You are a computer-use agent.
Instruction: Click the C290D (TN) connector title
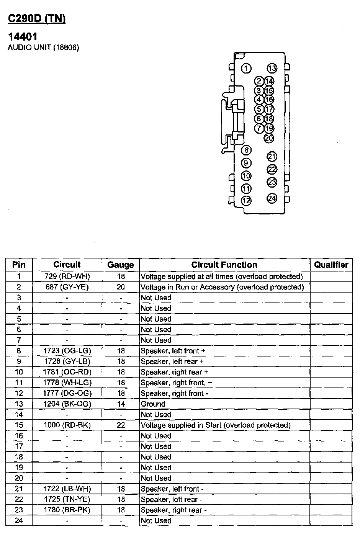pyautogui.click(x=37, y=19)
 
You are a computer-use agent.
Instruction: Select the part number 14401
pyautogui.click(x=23, y=37)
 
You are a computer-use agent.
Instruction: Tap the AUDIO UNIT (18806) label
pyautogui.click(x=43, y=48)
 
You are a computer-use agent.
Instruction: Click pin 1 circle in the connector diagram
pyautogui.click(x=246, y=69)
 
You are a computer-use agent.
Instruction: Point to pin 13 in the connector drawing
pyautogui.click(x=272, y=69)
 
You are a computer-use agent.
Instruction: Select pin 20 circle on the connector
pyautogui.click(x=269, y=138)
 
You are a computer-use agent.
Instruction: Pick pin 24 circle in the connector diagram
pyautogui.click(x=272, y=198)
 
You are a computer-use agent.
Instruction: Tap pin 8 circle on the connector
pyautogui.click(x=246, y=150)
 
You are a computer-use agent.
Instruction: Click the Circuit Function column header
pyautogui.click(x=224, y=265)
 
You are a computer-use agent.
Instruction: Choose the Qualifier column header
pyautogui.click(x=331, y=265)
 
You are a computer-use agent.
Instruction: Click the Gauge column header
pyautogui.click(x=121, y=265)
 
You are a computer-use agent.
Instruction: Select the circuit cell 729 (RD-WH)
pyautogui.click(x=67, y=276)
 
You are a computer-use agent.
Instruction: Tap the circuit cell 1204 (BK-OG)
pyautogui.click(x=67, y=404)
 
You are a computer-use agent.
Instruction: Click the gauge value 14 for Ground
pyautogui.click(x=121, y=404)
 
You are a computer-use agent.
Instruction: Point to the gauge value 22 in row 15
pyautogui.click(x=121, y=425)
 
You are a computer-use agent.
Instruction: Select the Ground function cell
pyautogui.click(x=153, y=404)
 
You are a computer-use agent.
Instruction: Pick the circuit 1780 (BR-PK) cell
pyautogui.click(x=67, y=510)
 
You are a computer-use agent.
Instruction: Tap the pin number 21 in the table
pyautogui.click(x=19, y=489)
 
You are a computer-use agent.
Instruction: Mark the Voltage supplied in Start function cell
pyautogui.click(x=216, y=425)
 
